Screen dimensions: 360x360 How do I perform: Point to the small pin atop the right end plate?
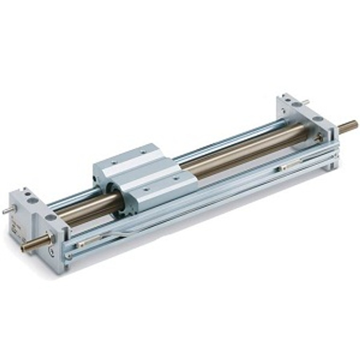pyautogui.click(x=306, y=101)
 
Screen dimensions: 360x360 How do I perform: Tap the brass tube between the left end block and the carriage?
pyautogui.click(x=85, y=208)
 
